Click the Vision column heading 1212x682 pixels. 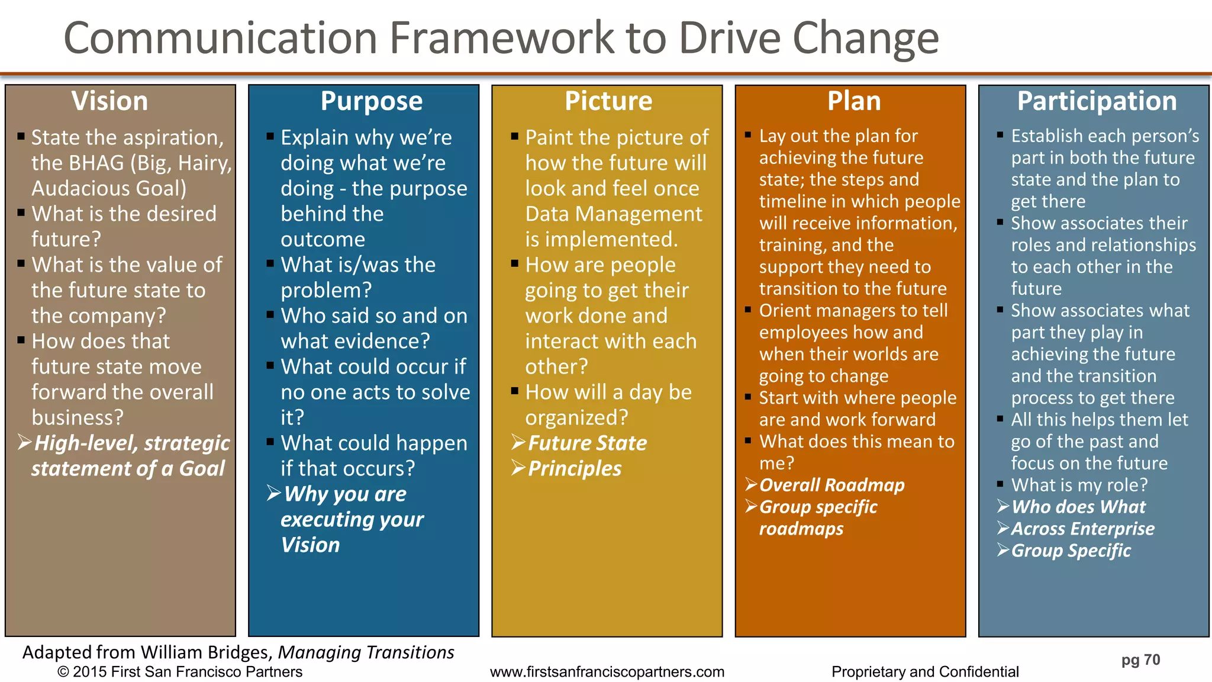109,101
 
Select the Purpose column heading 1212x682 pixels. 372,101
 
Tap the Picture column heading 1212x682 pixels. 608,101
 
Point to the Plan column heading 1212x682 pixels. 854,101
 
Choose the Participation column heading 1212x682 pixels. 1097,101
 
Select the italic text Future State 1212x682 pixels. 587,443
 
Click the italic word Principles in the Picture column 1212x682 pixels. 575,468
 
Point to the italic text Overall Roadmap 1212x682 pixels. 831,485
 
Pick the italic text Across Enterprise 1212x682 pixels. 1082,529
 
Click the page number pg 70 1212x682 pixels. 1140,660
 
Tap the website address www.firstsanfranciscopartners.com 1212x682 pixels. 607,672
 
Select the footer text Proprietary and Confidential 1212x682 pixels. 925,672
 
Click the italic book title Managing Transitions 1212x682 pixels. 366,652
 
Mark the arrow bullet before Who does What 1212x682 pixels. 1003,507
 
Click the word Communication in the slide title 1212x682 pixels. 221,38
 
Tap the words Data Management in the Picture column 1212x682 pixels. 614,214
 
